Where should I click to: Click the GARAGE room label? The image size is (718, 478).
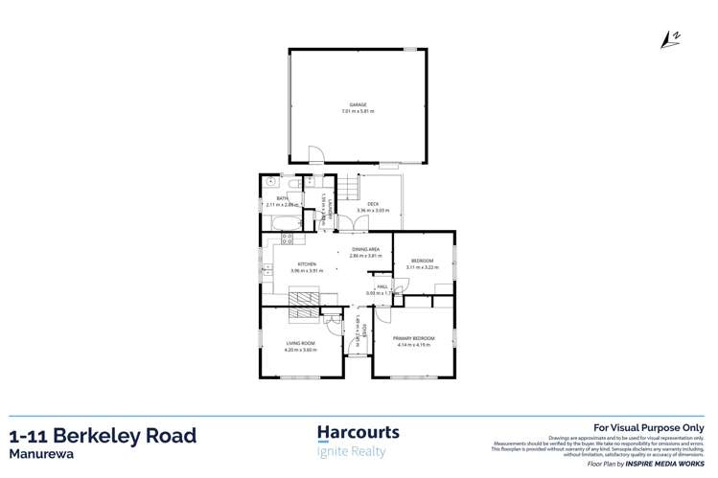(358, 104)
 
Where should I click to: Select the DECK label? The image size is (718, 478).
(372, 203)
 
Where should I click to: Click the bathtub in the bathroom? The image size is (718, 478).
(284, 223)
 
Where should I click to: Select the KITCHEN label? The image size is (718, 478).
(307, 263)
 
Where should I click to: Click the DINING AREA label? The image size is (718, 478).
(365, 250)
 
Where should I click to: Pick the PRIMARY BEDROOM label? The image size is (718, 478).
(413, 338)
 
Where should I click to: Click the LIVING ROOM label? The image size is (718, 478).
(301, 343)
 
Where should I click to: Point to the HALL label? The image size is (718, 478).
(381, 286)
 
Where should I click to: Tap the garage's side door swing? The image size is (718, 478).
(315, 155)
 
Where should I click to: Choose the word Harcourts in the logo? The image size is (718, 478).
(358, 432)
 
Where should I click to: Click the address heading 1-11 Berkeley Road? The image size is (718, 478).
(104, 436)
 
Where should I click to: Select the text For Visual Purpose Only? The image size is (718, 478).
(649, 428)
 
